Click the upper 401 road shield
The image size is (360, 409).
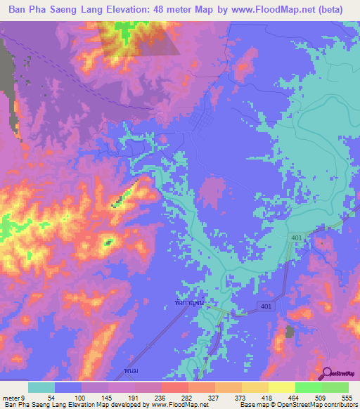tap(297, 240)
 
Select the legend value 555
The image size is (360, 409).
tap(345, 397)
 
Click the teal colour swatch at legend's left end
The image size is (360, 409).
tap(41, 387)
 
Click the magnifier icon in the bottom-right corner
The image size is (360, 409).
tap(326, 373)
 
